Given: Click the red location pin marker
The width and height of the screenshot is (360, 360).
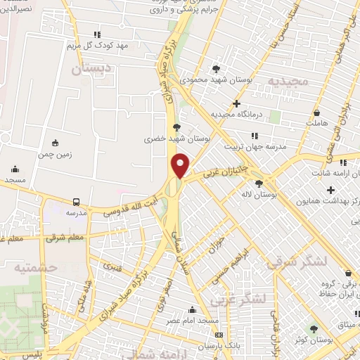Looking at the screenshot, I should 181,165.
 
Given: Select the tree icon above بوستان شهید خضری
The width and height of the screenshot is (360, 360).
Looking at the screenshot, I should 176,127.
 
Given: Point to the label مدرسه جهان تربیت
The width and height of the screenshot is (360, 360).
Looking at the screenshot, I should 253,147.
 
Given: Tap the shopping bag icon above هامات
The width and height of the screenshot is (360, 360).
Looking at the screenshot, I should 317,112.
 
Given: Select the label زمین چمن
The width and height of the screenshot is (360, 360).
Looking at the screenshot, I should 55,153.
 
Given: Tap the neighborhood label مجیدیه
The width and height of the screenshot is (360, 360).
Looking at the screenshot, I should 287,82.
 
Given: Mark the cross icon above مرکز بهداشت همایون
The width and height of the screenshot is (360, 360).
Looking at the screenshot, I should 331,189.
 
